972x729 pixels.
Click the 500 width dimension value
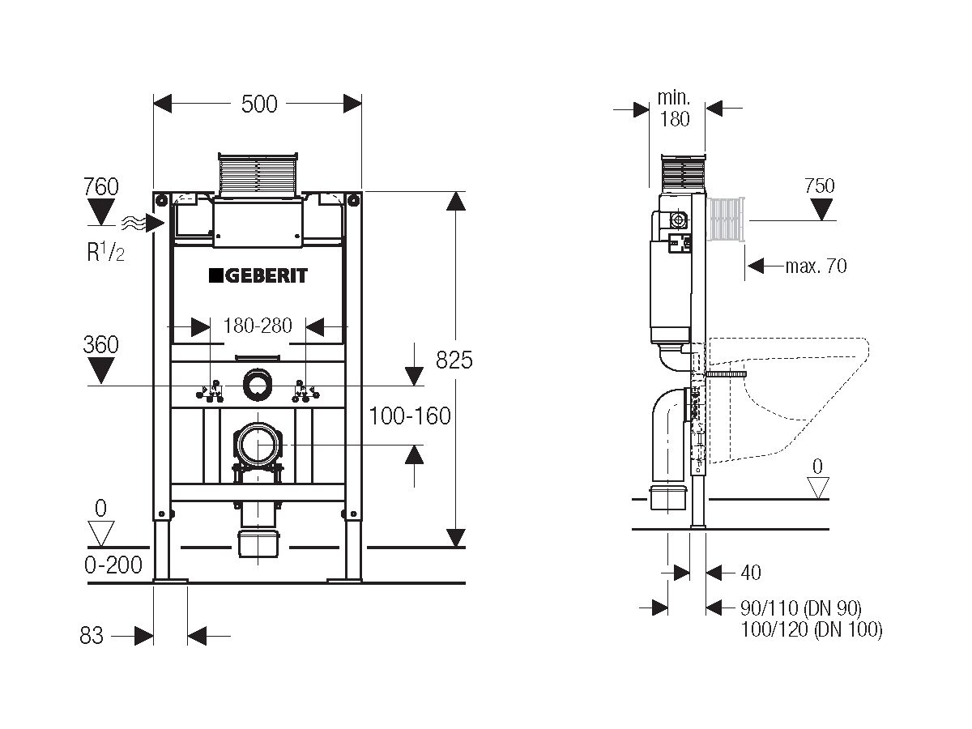259,104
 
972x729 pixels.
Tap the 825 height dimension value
454,360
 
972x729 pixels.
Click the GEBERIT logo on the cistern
258,275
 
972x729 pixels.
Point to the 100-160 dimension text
409,416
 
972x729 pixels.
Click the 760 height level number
101,186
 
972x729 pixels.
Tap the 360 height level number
100,344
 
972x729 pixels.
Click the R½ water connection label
105,253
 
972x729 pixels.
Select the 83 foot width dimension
92,636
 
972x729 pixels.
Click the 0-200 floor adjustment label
113,565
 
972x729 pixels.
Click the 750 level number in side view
819,185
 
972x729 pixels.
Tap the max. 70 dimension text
816,265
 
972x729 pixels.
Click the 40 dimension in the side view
751,573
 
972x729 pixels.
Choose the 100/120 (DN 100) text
811,629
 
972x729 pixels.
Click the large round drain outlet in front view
259,445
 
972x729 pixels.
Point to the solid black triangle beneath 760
101,212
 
